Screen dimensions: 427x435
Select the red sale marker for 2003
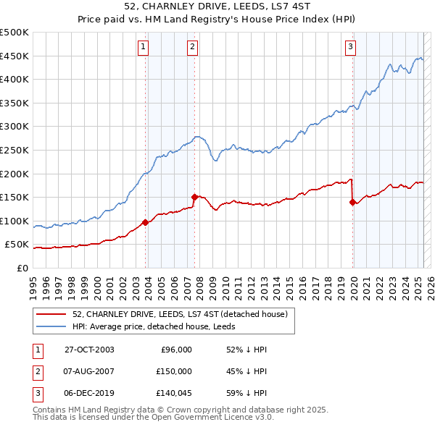click(146, 222)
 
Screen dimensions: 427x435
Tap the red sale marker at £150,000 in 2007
click(194, 196)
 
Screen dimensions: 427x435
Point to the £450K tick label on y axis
click(14, 56)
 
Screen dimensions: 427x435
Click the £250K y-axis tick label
click(14, 150)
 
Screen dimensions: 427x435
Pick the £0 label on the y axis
click(22, 268)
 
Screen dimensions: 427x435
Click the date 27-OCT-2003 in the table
click(89, 350)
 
